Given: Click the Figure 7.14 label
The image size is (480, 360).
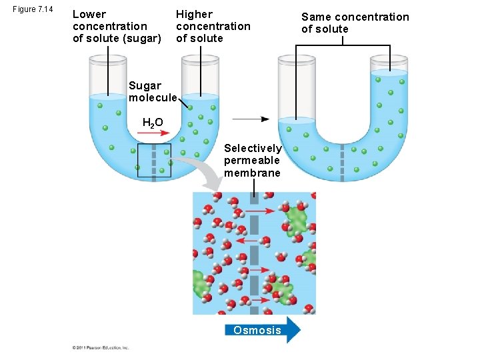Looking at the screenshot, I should pos(31,9).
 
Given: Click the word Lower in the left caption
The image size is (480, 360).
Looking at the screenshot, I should pos(89,14).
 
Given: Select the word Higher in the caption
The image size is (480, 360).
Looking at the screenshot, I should pos(194,14).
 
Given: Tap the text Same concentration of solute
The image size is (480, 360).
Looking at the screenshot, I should pos(355,23).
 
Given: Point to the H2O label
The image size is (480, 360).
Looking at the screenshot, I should pos(153,122).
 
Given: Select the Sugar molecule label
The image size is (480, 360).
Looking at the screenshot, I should pos(153,91).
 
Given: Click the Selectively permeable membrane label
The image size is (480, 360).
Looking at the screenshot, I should pos(253,161).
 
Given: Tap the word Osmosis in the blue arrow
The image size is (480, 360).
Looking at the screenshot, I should pos(257,330).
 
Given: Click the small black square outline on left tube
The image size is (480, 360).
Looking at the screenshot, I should pos(154,161).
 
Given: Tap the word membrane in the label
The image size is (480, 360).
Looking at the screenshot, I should pos(252,173).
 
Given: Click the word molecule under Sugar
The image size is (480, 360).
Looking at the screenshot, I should pos(153,97).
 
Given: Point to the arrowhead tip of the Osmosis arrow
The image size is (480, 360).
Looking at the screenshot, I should pos(300,330).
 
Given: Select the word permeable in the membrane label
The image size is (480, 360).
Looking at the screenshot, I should pos(252,161).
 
